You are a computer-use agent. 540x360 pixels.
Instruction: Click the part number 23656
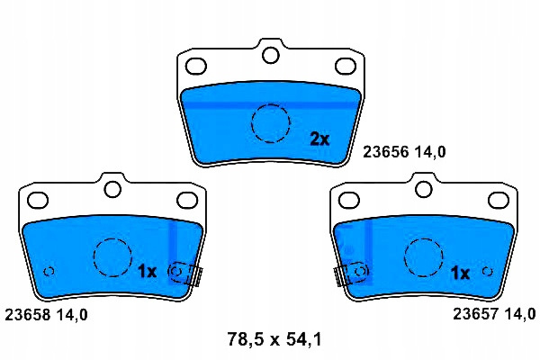[x=386, y=151]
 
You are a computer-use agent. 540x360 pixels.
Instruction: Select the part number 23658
[x=28, y=314]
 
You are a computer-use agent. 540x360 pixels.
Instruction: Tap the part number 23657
[x=475, y=314]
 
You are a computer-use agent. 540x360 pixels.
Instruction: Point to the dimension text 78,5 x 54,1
[x=274, y=339]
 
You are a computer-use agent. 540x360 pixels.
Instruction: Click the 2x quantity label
[x=319, y=139]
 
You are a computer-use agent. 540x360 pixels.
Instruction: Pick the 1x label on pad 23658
[x=147, y=272]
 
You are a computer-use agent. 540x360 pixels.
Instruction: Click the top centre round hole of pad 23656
[x=270, y=55]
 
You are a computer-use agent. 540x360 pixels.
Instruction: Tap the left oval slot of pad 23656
[x=196, y=66]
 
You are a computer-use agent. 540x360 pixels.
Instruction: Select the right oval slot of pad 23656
[x=346, y=66]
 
